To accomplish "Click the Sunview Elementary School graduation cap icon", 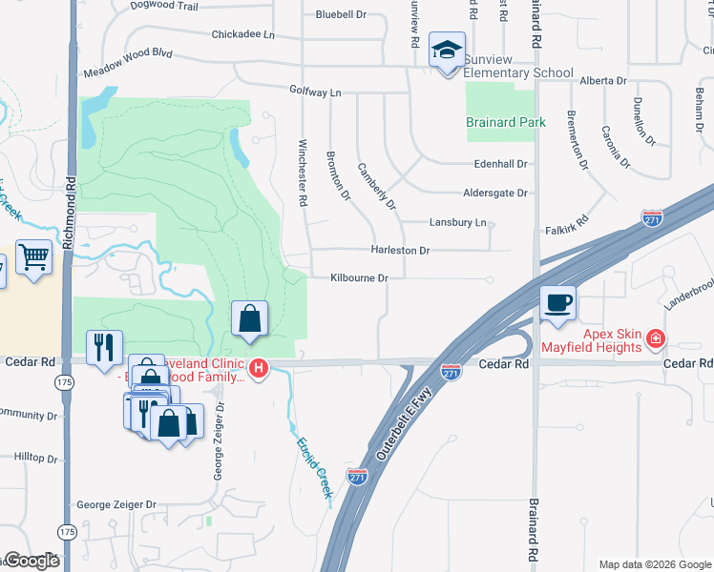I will pyautogui.click(x=446, y=50).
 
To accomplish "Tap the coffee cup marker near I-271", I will pyautogui.click(x=558, y=304).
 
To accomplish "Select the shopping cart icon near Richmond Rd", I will pyautogui.click(x=33, y=256).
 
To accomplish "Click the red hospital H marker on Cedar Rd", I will pyautogui.click(x=258, y=367).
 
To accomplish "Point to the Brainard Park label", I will pyautogui.click(x=505, y=123).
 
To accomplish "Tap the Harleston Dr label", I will pyautogui.click(x=400, y=250).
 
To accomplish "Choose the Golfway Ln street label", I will pyautogui.click(x=315, y=92).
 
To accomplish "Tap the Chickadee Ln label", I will pyautogui.click(x=242, y=35).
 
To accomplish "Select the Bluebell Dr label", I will pyautogui.click(x=341, y=14).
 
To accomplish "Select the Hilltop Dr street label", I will pyautogui.click(x=35, y=458).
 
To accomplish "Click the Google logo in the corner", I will pyautogui.click(x=31, y=561).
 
